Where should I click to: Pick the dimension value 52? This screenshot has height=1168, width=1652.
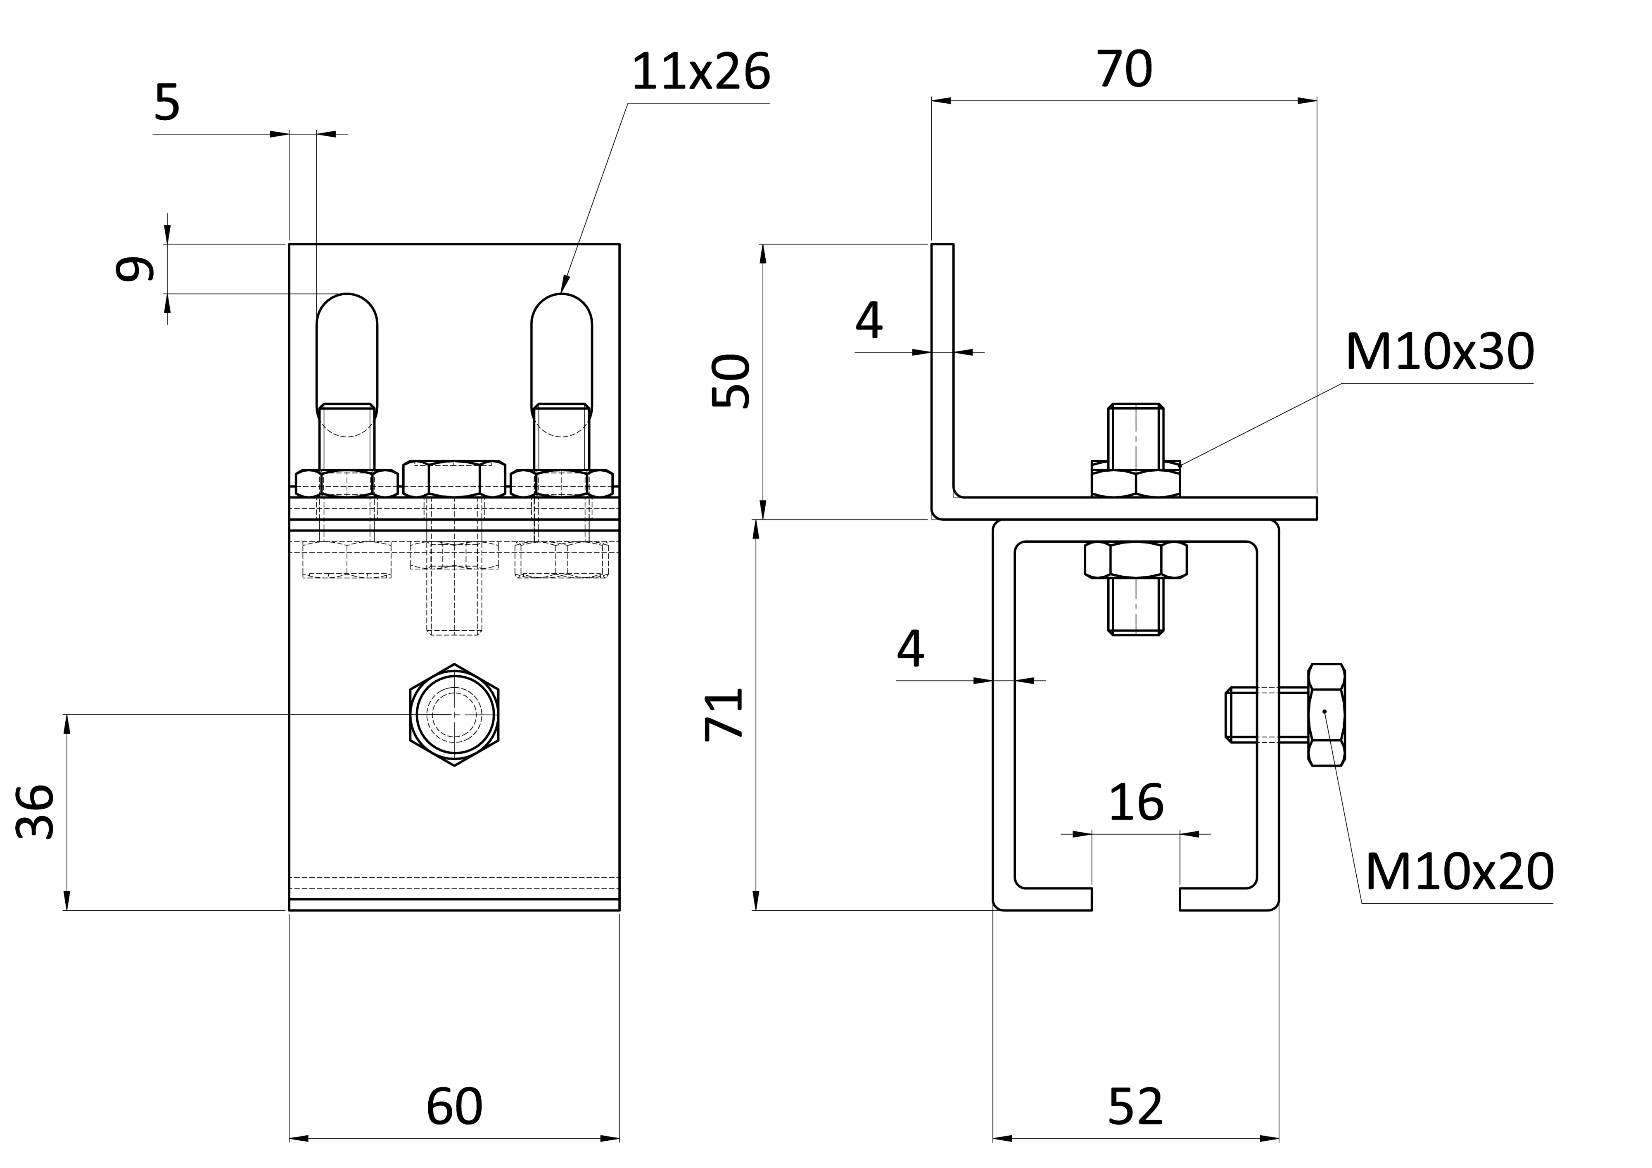tap(1135, 1107)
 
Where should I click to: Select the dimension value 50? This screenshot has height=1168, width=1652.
tap(730, 381)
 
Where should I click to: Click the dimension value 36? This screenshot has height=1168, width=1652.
tap(35, 812)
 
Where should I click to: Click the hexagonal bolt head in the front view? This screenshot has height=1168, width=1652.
tap(454, 715)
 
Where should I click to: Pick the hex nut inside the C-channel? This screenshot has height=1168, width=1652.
tap(1135, 560)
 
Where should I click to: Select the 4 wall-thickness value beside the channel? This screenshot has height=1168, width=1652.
tap(910, 648)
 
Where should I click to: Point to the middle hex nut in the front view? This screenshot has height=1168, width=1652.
tap(454, 479)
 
